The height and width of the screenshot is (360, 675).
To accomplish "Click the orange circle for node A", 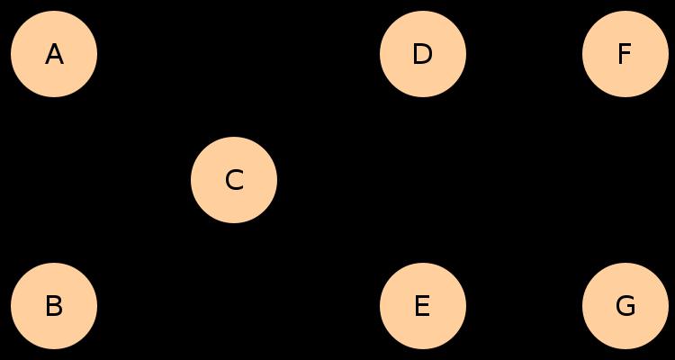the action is tap(54, 54).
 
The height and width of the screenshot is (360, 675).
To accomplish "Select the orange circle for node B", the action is tap(54, 306).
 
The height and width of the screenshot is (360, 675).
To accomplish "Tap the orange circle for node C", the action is tap(234, 180).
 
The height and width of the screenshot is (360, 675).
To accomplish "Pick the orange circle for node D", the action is tap(423, 54).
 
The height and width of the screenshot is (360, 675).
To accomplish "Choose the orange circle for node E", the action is tap(423, 306).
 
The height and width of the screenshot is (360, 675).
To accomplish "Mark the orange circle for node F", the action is tap(625, 54).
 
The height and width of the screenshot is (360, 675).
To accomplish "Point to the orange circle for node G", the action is tap(625, 306).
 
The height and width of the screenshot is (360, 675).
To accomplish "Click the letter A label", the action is tap(54, 54).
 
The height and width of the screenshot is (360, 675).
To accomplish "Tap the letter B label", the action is tap(54, 306).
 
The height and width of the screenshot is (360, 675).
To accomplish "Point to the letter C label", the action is tap(234, 180).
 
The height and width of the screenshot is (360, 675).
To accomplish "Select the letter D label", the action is tap(422, 54).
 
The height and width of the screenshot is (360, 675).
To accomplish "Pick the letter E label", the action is tap(422, 306).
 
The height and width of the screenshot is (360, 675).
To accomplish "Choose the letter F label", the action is tap(625, 54).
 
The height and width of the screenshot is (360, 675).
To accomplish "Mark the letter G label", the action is tap(625, 306).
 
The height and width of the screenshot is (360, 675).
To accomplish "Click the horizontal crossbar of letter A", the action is tap(54, 58).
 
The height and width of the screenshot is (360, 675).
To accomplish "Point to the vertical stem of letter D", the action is tap(415, 54).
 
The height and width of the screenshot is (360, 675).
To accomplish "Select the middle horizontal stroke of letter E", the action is tap(422, 306).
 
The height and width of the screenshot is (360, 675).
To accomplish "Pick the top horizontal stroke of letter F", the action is tap(625, 46).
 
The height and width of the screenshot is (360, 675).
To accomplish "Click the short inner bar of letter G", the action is tap(631, 307).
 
